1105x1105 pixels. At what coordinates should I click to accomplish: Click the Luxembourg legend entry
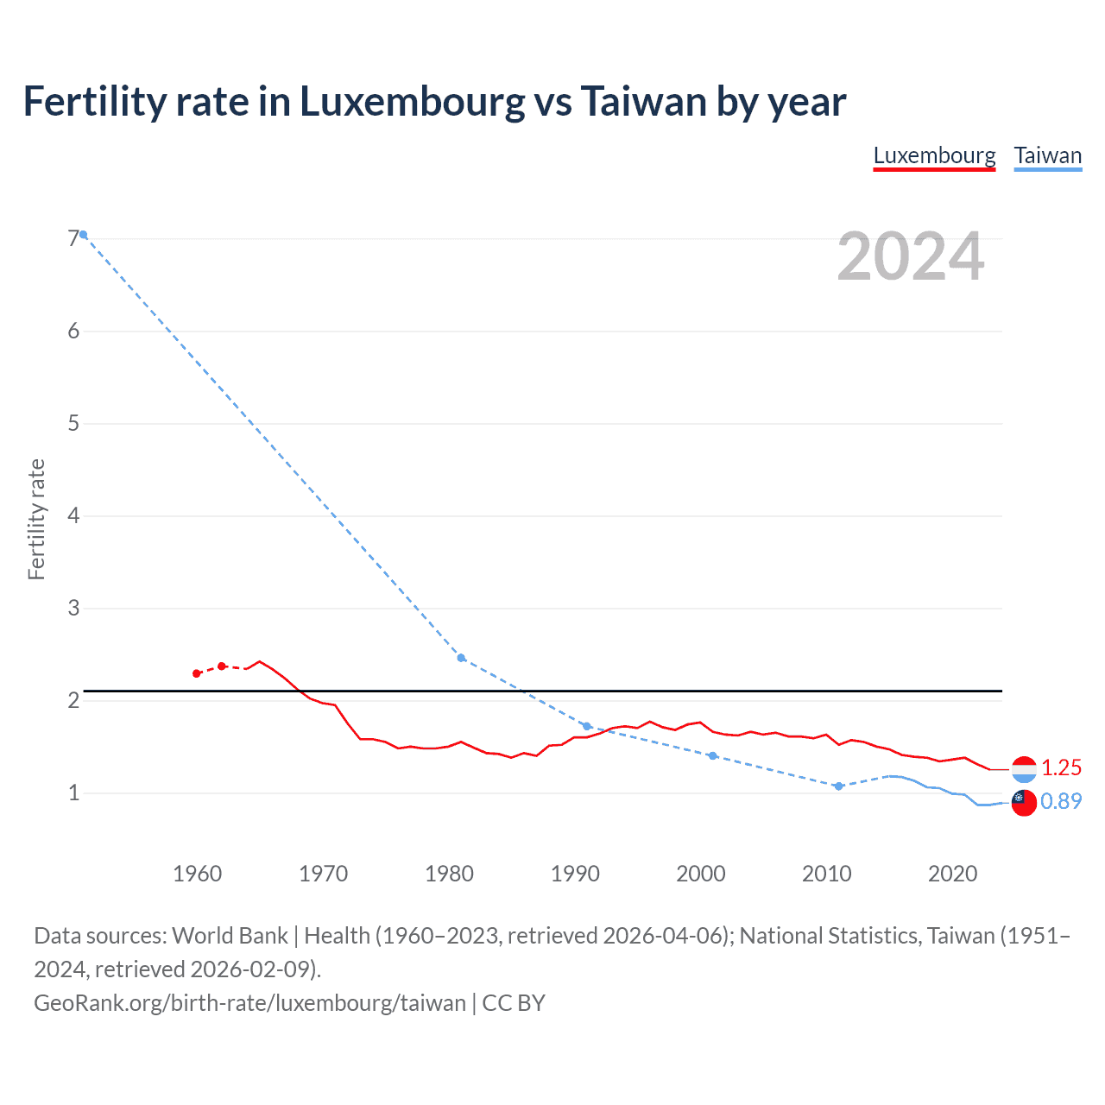pos(934,156)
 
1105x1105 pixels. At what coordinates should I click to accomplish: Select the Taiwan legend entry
pos(1047,156)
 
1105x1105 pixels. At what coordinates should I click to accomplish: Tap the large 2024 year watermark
pos(910,256)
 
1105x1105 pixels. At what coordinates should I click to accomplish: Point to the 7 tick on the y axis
pos(73,239)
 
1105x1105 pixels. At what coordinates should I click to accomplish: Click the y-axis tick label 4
pos(73,516)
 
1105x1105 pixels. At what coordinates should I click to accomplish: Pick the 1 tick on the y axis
pos(73,792)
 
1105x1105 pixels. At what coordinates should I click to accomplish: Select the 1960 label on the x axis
pos(198,874)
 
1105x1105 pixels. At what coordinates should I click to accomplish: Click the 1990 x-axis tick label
pos(575,874)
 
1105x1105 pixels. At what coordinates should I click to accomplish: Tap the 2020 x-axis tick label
pos(952,874)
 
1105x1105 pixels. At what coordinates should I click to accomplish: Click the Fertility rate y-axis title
pos(36,519)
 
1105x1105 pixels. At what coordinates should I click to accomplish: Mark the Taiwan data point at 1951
pos(84,235)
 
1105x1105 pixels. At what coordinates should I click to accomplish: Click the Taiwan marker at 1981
pos(461,658)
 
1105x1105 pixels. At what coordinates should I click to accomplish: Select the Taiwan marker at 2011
pos(838,786)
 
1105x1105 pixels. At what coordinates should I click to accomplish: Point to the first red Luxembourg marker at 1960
pos(197,673)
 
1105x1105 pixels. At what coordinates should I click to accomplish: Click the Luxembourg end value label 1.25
pos(1061,767)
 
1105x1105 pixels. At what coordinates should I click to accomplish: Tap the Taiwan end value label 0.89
pos(1061,801)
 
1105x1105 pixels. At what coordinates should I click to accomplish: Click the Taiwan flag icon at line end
pos(1024,803)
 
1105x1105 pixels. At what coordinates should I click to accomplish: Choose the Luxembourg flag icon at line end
pos(1024,768)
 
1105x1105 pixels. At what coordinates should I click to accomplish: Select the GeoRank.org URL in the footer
pos(250,1003)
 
